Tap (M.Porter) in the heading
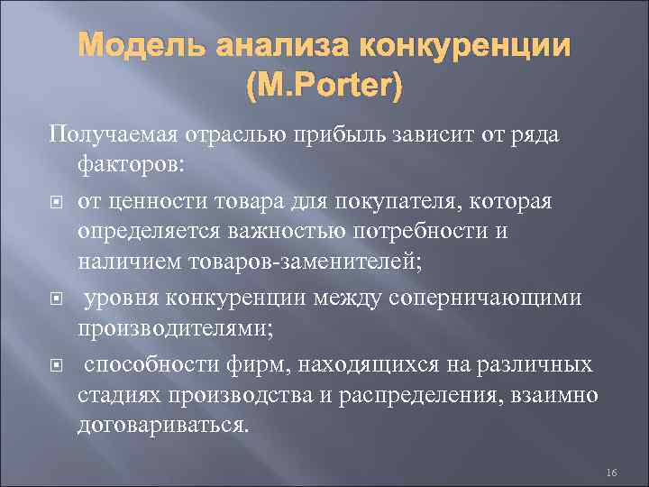point(324,87)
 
